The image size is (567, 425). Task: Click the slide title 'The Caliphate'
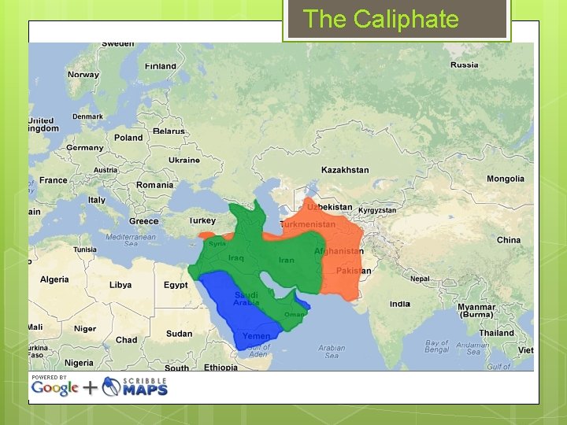click(x=380, y=19)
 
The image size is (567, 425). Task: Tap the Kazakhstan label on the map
click(x=345, y=170)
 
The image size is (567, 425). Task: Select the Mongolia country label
click(x=505, y=179)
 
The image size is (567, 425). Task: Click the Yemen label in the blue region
click(x=256, y=336)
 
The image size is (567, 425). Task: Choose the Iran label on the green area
click(x=286, y=260)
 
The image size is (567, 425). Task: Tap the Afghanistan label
click(x=339, y=251)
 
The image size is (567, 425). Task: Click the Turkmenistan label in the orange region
click(x=308, y=224)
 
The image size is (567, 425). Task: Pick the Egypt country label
click(x=176, y=285)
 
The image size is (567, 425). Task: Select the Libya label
click(x=120, y=285)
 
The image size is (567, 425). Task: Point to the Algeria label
click(x=54, y=279)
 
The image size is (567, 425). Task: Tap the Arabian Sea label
click(x=332, y=351)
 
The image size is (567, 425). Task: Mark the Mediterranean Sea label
click(x=131, y=240)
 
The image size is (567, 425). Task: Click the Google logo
click(x=55, y=388)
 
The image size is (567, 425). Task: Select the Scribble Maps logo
click(x=135, y=386)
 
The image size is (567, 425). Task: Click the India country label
click(x=400, y=304)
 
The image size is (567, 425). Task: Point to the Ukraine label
click(x=183, y=160)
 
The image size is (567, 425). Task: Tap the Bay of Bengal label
click(x=437, y=346)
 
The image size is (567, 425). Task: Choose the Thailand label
click(x=496, y=333)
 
